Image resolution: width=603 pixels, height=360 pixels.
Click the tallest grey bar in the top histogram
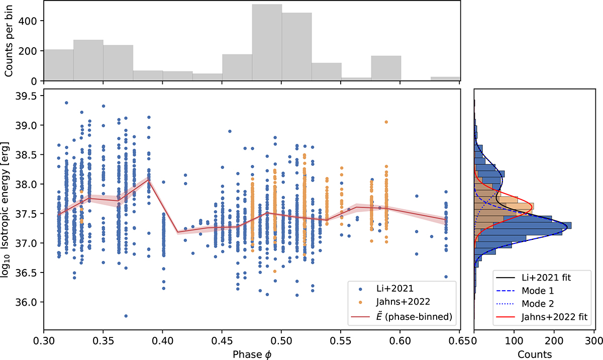(267, 43)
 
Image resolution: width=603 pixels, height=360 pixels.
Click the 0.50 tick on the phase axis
(281, 341)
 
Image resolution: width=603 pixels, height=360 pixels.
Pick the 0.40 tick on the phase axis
(162, 341)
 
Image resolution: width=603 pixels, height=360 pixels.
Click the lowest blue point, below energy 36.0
(126, 316)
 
